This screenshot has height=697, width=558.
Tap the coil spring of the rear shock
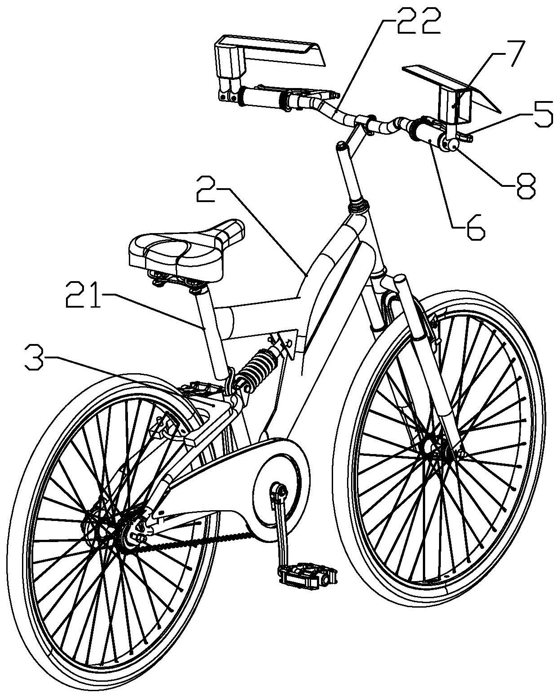[x=257, y=368]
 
